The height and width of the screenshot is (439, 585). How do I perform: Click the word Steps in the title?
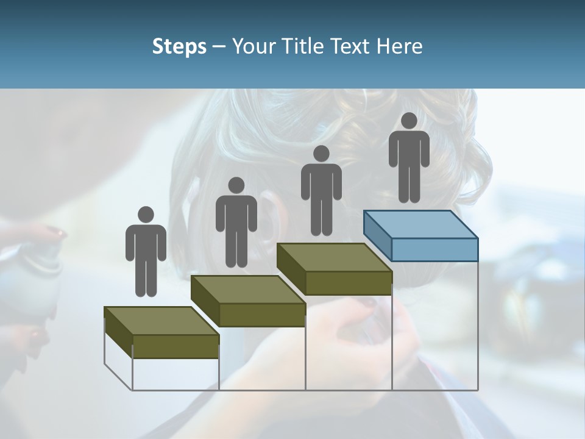[179, 46]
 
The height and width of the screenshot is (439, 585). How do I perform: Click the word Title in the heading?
[306, 46]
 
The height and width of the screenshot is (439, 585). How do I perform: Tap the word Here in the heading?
[399, 46]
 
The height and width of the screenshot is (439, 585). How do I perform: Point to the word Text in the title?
[352, 46]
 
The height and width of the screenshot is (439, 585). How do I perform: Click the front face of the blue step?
[434, 249]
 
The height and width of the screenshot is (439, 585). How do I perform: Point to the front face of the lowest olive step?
[175, 346]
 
